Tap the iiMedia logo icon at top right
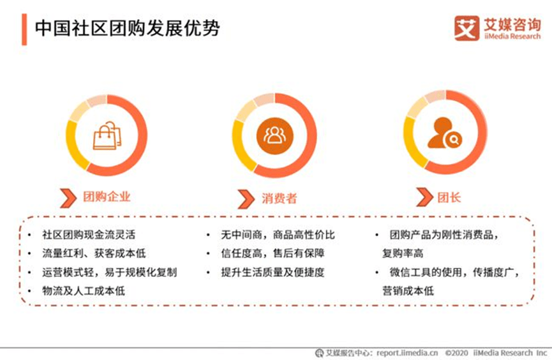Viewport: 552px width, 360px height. pos(466,28)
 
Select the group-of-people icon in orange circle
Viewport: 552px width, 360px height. pos(275,135)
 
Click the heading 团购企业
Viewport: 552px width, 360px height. pos(106,197)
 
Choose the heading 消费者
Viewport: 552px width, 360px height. pos(279,199)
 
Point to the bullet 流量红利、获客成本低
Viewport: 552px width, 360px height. pos(94,253)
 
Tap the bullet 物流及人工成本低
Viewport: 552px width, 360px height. pos(84,291)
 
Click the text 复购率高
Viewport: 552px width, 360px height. pos(403,253)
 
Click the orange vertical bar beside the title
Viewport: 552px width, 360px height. pos(24,30)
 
